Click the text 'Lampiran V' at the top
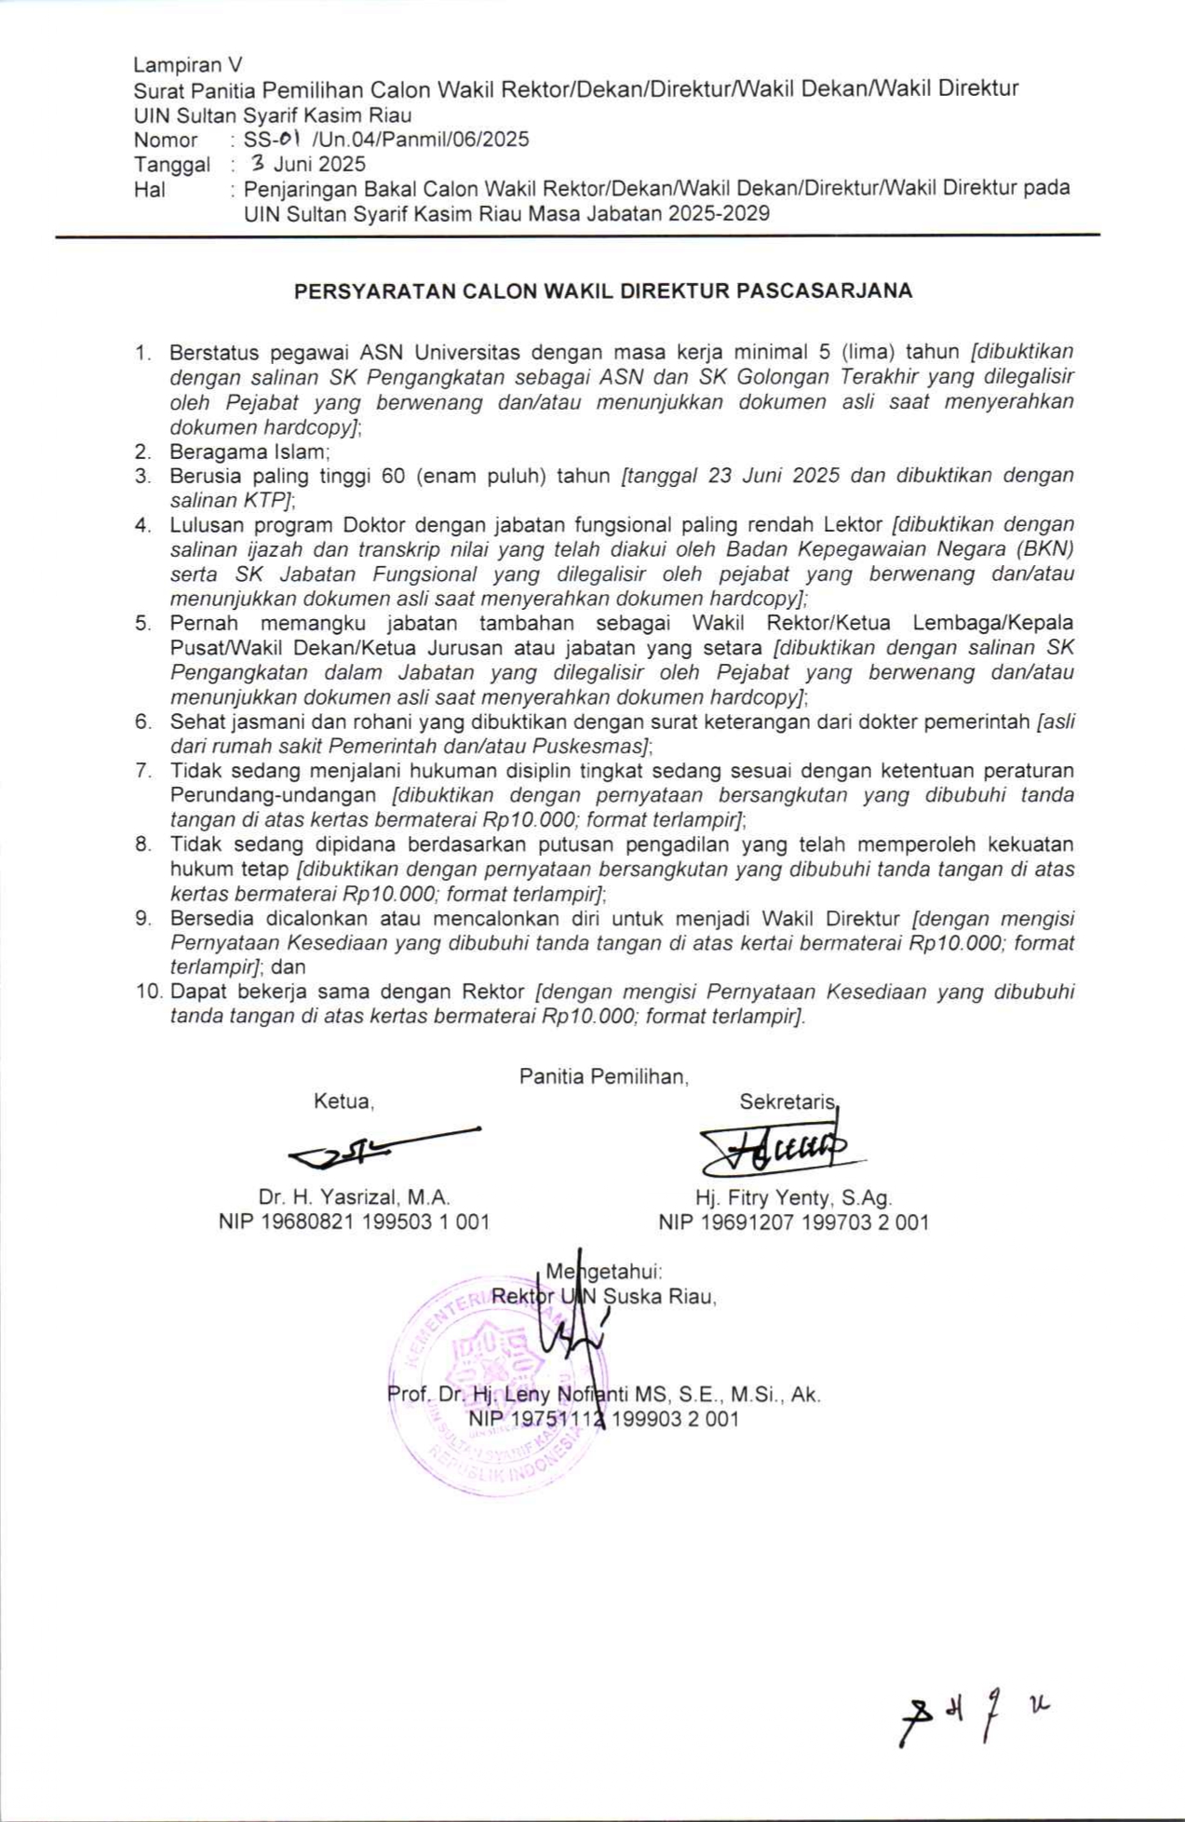(x=187, y=64)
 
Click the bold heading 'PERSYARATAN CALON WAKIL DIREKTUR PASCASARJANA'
(x=603, y=290)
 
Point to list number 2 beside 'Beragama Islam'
(x=142, y=452)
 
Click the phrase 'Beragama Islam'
(x=249, y=452)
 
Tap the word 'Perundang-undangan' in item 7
(x=273, y=795)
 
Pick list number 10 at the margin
(x=149, y=992)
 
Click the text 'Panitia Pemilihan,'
(x=604, y=1077)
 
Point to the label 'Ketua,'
(x=343, y=1101)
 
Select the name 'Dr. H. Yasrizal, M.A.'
(x=354, y=1197)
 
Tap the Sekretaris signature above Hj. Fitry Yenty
(x=777, y=1151)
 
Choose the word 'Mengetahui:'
(x=603, y=1272)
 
